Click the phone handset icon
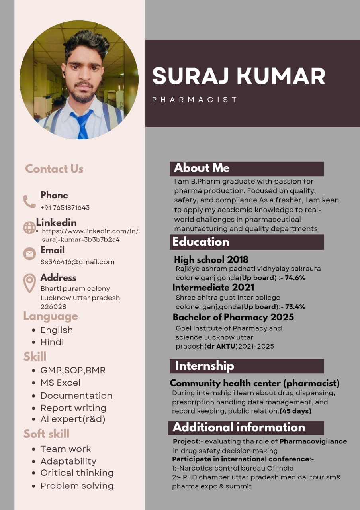click(29, 201)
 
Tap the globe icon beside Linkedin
click(29, 228)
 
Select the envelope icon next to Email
click(29, 254)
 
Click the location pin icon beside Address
click(29, 283)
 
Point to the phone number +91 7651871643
click(65, 208)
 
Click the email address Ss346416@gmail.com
click(77, 262)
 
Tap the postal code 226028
click(53, 307)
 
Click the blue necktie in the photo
click(82, 124)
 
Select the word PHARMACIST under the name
click(194, 100)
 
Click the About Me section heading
click(202, 168)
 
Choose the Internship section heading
click(205, 366)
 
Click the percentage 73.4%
click(295, 307)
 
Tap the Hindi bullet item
click(52, 342)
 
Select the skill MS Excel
click(61, 383)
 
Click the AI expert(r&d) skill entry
click(73, 419)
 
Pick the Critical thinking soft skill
click(77, 473)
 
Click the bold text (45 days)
click(295, 411)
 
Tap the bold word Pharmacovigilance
click(313, 441)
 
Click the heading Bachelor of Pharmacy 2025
click(233, 317)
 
